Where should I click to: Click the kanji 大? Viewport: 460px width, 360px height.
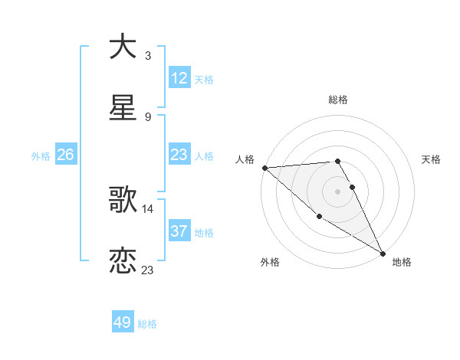tap(123, 46)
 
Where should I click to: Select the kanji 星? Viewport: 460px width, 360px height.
tap(123, 108)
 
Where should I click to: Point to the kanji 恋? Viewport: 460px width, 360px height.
tap(123, 261)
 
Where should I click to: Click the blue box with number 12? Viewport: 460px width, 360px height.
tap(179, 78)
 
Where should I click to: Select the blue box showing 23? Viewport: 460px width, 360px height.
tap(179, 155)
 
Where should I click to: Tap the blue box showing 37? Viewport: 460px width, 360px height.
tap(179, 231)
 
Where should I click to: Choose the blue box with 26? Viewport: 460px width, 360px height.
tap(65, 155)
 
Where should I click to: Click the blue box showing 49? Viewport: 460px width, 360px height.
tap(123, 322)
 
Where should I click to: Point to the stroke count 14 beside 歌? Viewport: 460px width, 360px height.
tap(148, 208)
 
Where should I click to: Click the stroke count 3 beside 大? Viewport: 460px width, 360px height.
tap(148, 55)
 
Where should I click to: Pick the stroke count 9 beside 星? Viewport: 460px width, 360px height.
tap(148, 117)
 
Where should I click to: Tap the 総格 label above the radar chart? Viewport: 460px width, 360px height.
tap(338, 100)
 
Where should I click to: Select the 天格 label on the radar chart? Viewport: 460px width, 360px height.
tap(431, 159)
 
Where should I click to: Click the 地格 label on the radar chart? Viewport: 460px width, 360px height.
tap(402, 262)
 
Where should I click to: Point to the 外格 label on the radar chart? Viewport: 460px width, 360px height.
tap(270, 262)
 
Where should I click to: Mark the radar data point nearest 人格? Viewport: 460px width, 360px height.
tap(264, 168)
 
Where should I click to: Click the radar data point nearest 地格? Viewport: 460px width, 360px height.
tap(383, 253)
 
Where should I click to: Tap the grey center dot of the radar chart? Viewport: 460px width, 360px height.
tap(338, 191)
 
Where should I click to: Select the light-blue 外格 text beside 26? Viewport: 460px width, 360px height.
tap(41, 155)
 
